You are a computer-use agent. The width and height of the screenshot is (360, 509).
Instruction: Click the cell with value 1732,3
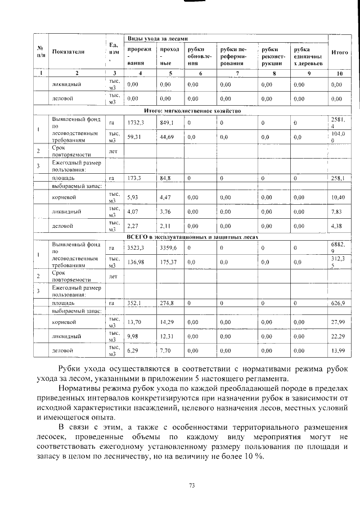[137, 122]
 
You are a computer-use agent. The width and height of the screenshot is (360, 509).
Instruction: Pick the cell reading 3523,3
[137, 247]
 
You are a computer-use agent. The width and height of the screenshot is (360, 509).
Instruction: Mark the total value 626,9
[339, 303]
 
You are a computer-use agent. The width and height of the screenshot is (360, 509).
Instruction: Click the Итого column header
[339, 52]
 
